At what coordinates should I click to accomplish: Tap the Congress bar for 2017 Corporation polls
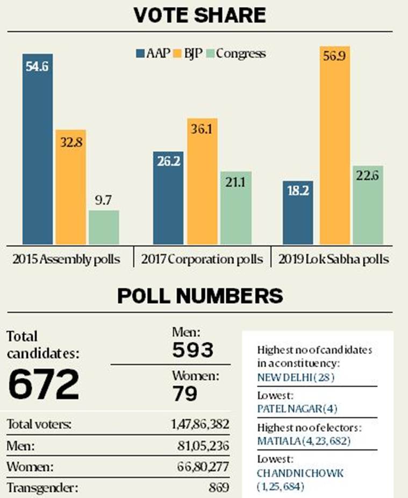coord(235,208)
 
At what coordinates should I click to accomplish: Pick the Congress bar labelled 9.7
coord(104,227)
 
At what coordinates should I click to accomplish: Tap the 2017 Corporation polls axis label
coord(202,259)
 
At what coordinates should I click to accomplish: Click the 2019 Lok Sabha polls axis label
coord(333,259)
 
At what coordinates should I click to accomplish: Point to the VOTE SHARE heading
coord(200,16)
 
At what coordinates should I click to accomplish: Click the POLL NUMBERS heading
coord(200,296)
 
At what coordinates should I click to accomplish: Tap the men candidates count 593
coord(192,350)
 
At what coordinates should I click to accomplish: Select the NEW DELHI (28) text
coord(296,377)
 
